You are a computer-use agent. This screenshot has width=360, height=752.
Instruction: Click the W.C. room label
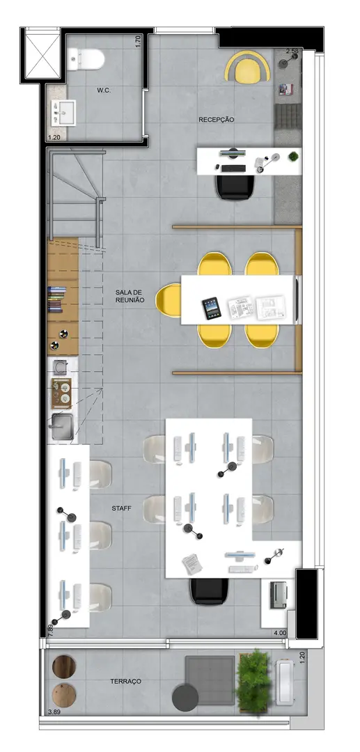click(104, 90)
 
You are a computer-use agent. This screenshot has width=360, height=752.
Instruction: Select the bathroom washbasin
click(63, 113)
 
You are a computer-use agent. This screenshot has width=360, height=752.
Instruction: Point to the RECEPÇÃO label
click(217, 120)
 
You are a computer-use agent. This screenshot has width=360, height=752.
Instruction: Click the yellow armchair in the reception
click(247, 67)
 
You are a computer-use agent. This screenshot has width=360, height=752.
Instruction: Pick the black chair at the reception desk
click(235, 187)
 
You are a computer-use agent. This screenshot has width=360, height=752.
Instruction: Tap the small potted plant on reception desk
click(293, 157)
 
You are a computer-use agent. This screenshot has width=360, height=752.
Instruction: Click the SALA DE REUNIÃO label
click(130, 296)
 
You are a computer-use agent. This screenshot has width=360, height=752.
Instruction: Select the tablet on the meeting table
click(212, 308)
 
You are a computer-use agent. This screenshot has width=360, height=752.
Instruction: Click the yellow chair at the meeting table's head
click(169, 300)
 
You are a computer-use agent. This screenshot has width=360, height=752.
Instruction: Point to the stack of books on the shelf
click(57, 299)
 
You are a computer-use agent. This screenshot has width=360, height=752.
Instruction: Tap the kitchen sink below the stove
click(61, 426)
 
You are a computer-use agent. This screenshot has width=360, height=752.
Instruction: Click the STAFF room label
click(122, 508)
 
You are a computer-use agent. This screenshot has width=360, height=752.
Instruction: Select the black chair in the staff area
click(209, 590)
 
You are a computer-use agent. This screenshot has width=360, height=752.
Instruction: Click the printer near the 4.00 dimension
click(278, 595)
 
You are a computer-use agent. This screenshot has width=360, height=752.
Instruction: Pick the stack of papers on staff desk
click(191, 564)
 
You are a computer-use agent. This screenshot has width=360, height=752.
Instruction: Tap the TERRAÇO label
click(125, 681)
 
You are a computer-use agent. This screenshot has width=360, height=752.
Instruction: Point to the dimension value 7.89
click(50, 629)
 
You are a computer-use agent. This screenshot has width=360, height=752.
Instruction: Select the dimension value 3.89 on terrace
click(54, 712)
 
